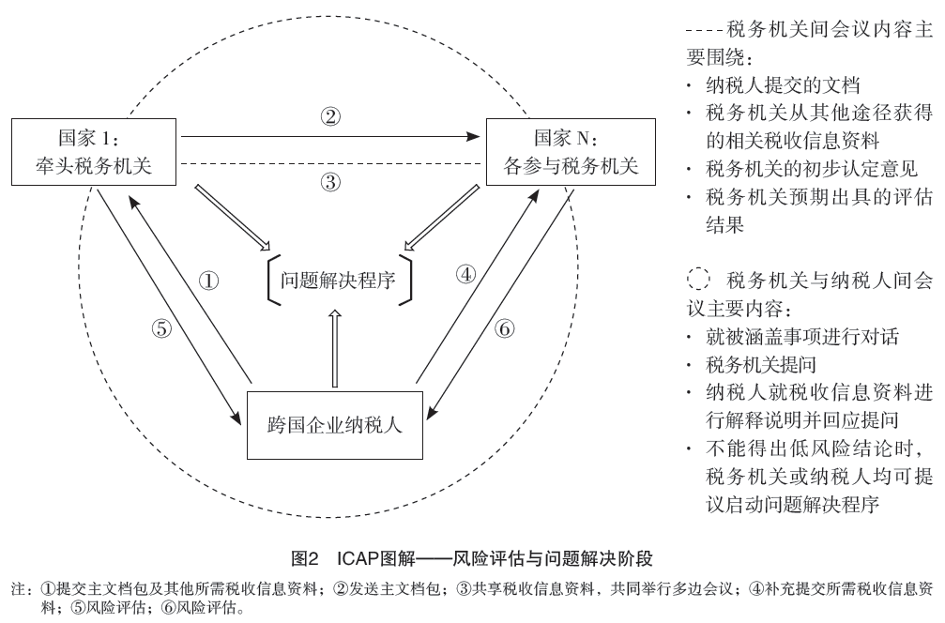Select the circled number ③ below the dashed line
[330, 183]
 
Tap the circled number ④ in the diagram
[466, 275]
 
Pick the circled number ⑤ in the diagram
[161, 328]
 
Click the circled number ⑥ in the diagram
[503, 330]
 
